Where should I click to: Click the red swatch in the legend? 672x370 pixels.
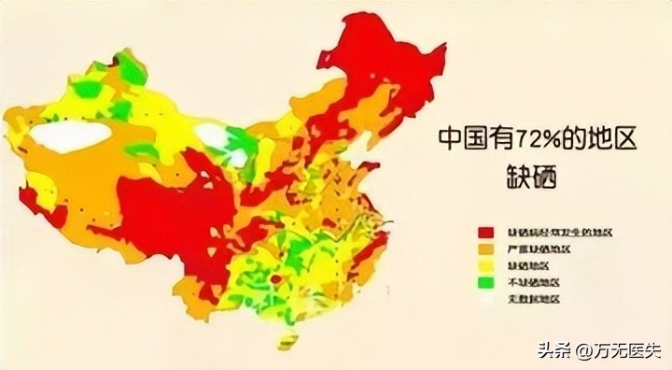tap(486, 231)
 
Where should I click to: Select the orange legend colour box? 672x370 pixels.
tap(486, 249)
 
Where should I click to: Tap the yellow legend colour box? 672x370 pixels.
tap(486, 265)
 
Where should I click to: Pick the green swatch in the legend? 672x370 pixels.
tap(486, 282)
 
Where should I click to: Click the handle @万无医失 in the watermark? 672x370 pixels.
tap(618, 351)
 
